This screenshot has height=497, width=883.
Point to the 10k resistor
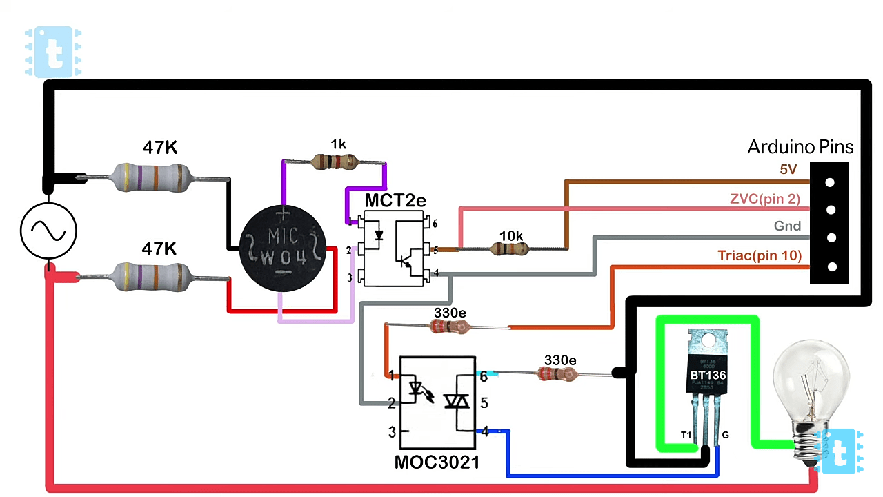pos(511,248)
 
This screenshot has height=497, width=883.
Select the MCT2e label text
pos(395,201)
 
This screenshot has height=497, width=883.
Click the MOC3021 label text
pos(437,462)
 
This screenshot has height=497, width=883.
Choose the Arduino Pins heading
pos(800,147)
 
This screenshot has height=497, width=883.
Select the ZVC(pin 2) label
pos(765,199)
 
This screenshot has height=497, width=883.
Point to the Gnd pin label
pos(787,226)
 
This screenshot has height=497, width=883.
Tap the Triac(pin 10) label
pos(760,256)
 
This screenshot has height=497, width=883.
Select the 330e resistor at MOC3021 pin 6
pos(559,374)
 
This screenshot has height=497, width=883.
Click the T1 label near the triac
pos(686,435)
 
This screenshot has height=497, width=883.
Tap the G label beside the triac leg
pos(726,435)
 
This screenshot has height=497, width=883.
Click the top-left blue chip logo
pos(53,52)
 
